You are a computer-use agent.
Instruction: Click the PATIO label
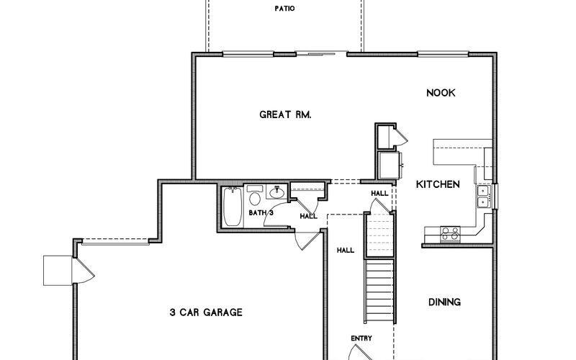click(284, 9)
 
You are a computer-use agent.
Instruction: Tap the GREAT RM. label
click(284, 114)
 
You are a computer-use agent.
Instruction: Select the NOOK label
click(441, 93)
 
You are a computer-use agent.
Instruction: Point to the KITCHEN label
click(438, 185)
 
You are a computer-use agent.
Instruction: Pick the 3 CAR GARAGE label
click(205, 312)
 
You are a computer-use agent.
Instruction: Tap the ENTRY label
click(361, 338)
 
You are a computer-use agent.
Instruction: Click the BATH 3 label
click(261, 213)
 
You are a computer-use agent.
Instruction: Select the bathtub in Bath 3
click(233, 207)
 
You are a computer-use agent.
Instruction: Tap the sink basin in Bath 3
click(277, 193)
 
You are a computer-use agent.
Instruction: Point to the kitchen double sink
click(483, 196)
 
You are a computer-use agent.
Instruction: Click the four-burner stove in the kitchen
click(450, 233)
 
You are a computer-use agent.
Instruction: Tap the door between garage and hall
click(308, 240)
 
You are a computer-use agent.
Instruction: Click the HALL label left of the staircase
click(345, 251)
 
